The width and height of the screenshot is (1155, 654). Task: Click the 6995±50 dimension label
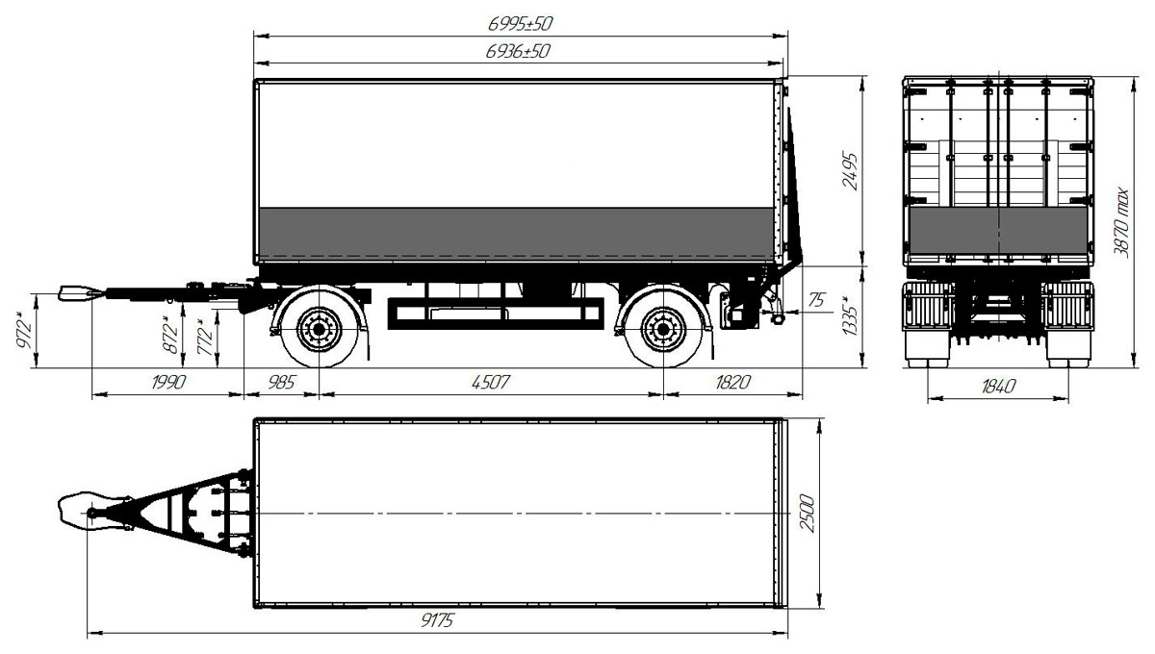click(521, 24)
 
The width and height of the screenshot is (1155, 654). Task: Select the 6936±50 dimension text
click(518, 51)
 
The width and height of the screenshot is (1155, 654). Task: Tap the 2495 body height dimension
click(850, 171)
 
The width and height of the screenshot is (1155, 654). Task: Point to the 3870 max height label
click(1121, 222)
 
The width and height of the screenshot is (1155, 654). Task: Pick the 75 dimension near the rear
click(816, 299)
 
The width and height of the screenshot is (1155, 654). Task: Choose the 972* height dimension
click(24, 330)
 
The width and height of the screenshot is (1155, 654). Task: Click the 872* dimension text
click(169, 335)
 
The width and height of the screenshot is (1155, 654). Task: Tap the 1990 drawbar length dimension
click(168, 383)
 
